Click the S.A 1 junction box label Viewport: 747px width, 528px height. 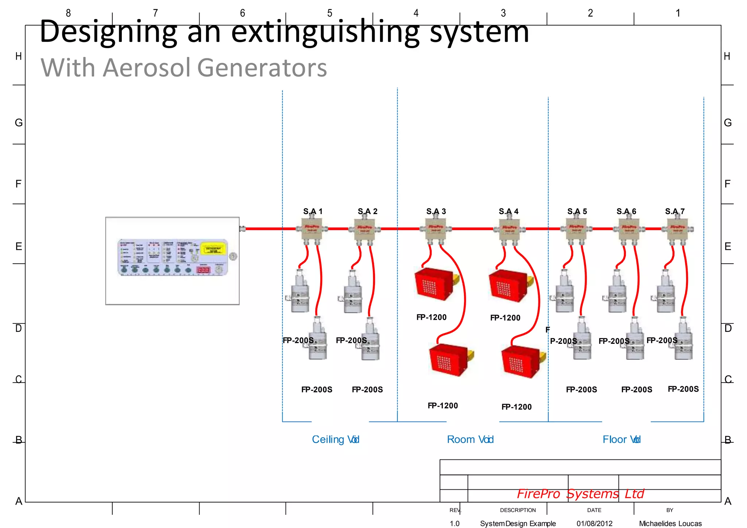[x=313, y=211]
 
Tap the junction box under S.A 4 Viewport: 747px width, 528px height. [x=509, y=229]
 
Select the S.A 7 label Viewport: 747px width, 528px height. [x=674, y=211]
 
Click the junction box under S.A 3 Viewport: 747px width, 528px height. [x=436, y=229]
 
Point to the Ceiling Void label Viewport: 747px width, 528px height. [x=336, y=439]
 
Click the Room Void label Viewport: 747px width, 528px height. [x=470, y=439]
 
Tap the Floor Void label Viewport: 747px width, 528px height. [x=621, y=439]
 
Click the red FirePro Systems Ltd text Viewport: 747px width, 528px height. [x=580, y=494]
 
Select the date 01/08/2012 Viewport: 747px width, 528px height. [x=595, y=524]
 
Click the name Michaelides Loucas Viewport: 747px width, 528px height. [x=670, y=524]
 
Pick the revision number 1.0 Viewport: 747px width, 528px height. [x=454, y=524]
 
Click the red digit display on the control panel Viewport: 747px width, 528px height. [x=203, y=270]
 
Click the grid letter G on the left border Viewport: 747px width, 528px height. [x=19, y=123]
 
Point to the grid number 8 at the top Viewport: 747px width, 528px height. [x=68, y=13]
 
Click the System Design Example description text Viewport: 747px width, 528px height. [x=518, y=524]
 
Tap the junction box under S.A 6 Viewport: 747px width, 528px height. [x=629, y=229]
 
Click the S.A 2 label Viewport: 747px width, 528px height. [x=367, y=211]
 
